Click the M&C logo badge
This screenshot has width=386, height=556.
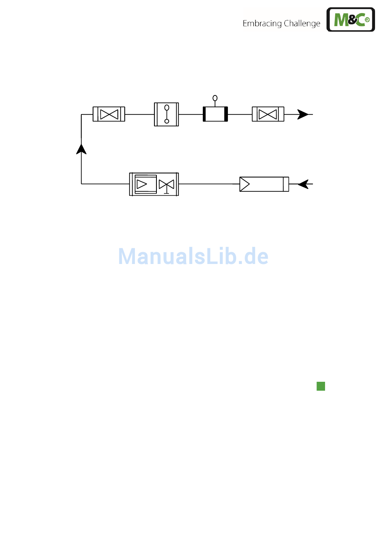[x=351, y=19]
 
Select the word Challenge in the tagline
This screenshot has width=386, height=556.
[x=302, y=24]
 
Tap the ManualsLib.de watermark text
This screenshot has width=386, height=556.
[x=193, y=256]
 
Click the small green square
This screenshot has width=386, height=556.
[x=321, y=386]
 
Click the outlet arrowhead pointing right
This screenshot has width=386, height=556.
[x=303, y=115]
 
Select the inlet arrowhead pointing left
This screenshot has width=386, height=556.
[x=303, y=184]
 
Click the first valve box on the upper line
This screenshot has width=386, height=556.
[x=109, y=114]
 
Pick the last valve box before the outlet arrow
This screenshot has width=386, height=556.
[x=268, y=114]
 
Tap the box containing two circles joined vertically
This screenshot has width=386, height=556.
[x=166, y=114]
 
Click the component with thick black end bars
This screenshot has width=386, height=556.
[x=215, y=114]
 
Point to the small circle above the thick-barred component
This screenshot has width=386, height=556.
[x=215, y=98]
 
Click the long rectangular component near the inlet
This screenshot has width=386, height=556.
[x=264, y=184]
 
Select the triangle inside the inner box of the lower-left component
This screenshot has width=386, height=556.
[x=141, y=184]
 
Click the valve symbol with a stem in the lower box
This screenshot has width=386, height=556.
[x=167, y=185]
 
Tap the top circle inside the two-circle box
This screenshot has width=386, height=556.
[x=167, y=108]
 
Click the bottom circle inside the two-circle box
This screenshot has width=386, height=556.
[x=167, y=121]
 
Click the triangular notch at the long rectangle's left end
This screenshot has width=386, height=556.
[x=244, y=184]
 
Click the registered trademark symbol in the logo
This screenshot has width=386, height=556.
[x=367, y=19]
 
